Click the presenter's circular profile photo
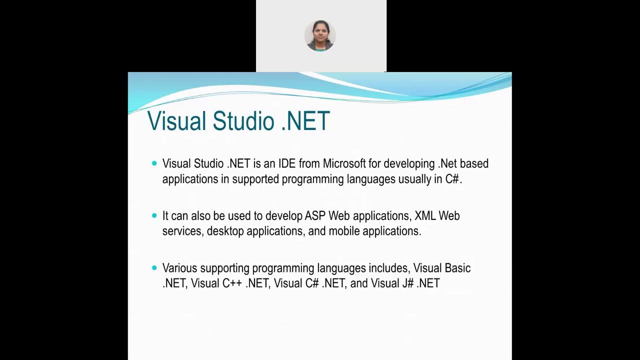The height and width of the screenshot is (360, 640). (x=320, y=36)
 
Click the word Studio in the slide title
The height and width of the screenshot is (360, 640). (x=244, y=121)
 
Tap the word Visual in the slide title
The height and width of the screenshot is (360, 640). (x=177, y=121)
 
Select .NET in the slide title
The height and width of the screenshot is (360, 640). (x=305, y=121)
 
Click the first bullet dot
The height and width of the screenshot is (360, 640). (x=154, y=163)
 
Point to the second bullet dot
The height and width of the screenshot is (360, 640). (x=154, y=215)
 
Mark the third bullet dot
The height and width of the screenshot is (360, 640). (x=154, y=268)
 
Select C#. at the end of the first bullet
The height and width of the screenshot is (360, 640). (x=453, y=179)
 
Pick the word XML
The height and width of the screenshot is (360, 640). (x=425, y=216)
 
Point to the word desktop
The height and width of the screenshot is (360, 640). (x=225, y=231)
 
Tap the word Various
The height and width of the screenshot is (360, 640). (x=179, y=268)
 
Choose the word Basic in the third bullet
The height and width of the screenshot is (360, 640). (x=457, y=268)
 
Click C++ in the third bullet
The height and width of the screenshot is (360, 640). (x=232, y=283)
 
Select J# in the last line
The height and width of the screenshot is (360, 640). (x=407, y=283)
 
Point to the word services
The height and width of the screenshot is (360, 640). (x=182, y=231)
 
